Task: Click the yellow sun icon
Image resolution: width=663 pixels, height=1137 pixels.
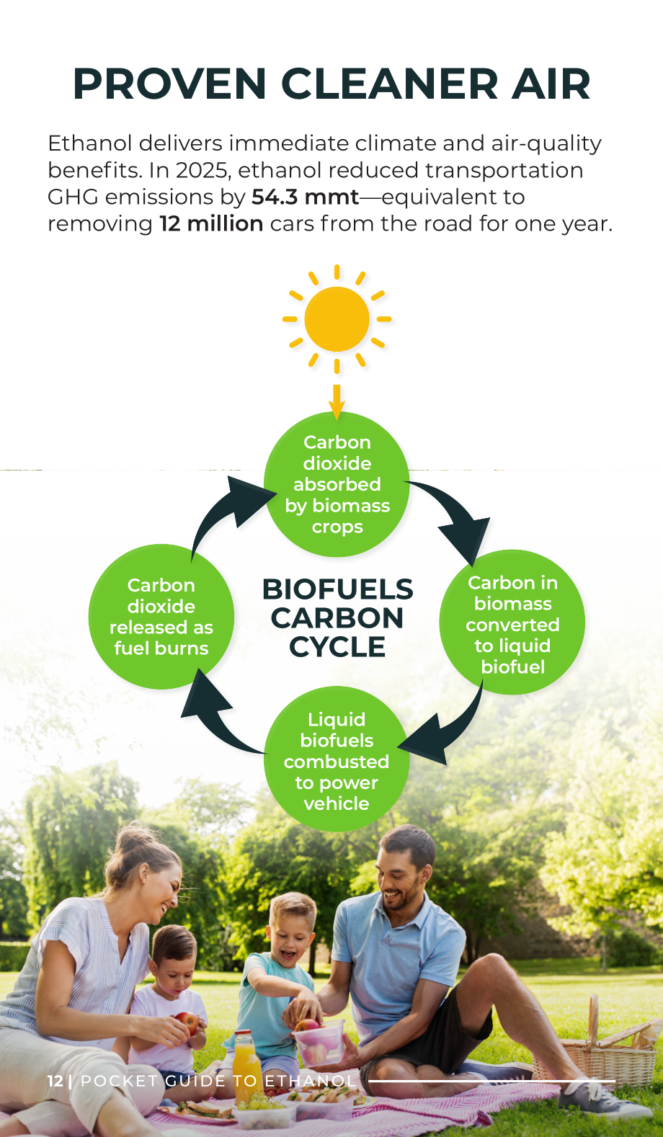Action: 337,318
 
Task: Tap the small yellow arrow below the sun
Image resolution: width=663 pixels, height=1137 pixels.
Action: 337,402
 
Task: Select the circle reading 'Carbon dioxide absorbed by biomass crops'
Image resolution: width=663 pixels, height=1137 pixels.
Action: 337,484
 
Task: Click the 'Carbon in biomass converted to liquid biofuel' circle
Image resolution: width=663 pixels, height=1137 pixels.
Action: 512,623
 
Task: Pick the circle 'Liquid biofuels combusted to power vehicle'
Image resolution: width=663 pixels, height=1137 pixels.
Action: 337,759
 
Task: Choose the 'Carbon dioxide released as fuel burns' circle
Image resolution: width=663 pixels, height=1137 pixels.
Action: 161,617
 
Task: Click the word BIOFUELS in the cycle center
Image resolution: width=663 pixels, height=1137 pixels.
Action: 337,589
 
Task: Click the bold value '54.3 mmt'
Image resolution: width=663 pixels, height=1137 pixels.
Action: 305,197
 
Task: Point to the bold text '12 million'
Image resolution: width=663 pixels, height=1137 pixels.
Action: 211,224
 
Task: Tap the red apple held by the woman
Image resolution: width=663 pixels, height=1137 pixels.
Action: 187,1022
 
